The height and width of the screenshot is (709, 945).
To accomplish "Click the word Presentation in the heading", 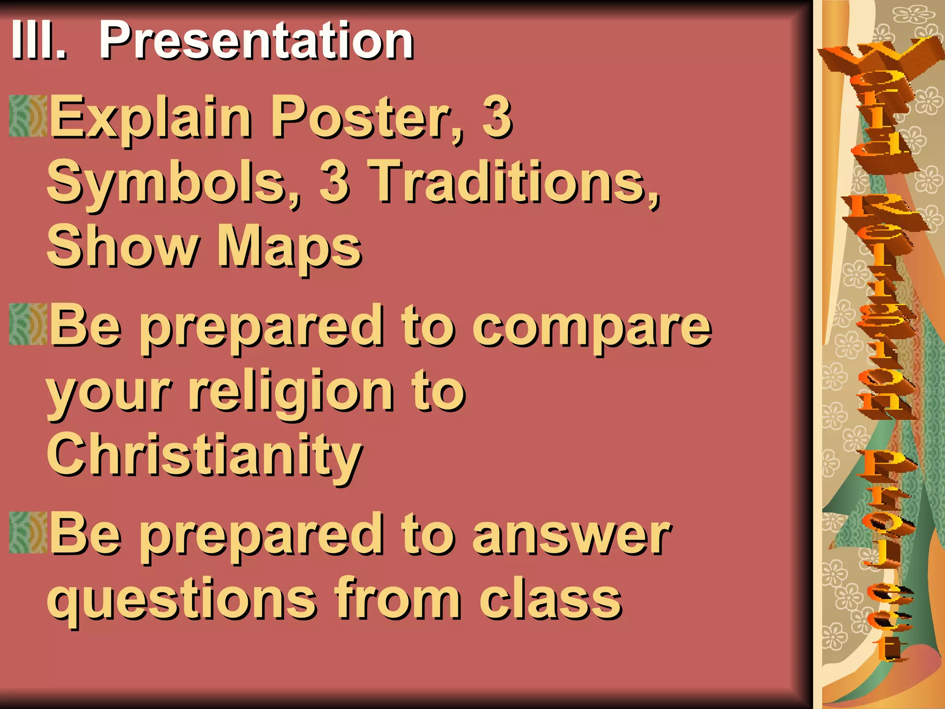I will (x=257, y=42).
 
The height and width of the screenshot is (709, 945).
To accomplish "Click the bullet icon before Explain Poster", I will (x=28, y=116).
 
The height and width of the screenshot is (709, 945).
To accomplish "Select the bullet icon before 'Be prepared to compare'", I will (x=28, y=324).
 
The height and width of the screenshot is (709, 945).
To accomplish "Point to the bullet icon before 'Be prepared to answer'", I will (x=28, y=532).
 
